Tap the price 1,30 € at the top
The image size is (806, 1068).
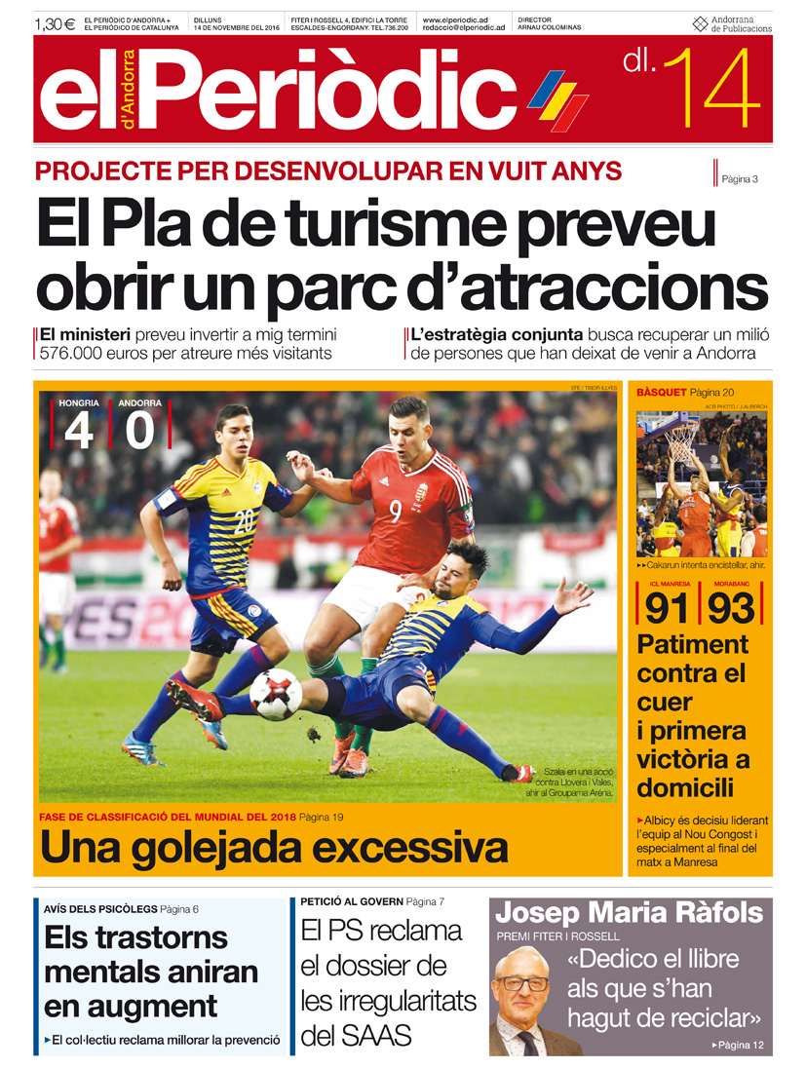coord(55,23)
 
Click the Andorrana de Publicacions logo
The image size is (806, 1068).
coord(732,24)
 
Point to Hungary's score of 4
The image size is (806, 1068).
coord(79,430)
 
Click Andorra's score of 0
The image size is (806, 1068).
coord(139,430)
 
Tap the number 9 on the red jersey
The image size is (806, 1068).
coord(396,511)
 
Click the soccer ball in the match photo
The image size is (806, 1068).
coord(275,693)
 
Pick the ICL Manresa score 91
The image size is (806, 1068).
coord(668,608)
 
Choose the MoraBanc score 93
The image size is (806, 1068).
coord(731,608)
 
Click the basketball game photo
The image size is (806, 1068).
coord(701,483)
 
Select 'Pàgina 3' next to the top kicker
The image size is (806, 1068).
coord(740,178)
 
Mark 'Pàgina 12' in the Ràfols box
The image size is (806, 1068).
coord(740,1045)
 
